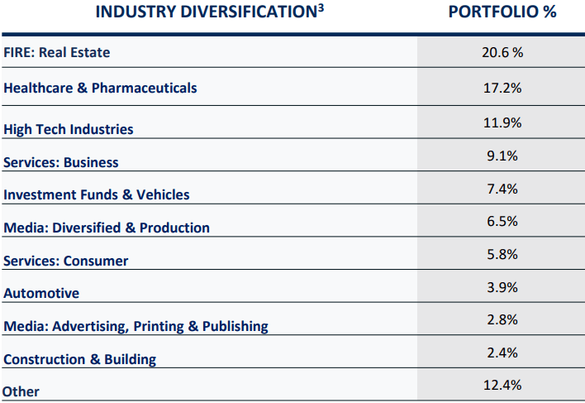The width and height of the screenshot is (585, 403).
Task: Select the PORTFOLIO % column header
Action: tap(502, 12)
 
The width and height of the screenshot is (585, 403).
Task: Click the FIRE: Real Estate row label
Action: tap(57, 53)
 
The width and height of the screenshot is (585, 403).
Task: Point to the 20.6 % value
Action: tap(502, 52)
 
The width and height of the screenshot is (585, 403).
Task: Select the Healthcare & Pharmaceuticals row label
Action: tap(100, 87)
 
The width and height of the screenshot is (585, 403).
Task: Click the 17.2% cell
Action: tap(502, 87)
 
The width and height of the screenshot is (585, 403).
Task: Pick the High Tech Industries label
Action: tap(69, 129)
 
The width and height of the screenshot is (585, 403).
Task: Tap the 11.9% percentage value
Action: tap(502, 122)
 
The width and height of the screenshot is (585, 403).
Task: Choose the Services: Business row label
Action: tap(61, 162)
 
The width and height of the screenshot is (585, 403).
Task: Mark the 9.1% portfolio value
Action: tap(502, 156)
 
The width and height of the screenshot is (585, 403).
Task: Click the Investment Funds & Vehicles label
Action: tap(97, 195)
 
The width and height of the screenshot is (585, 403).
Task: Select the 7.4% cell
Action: tap(502, 189)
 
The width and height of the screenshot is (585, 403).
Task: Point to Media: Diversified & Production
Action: tap(107, 228)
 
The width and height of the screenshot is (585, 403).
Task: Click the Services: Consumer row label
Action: tap(66, 261)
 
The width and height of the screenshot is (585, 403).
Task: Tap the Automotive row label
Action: tap(41, 294)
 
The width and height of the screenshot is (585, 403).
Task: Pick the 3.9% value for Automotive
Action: tap(502, 287)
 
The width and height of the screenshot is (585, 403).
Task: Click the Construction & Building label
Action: tap(80, 359)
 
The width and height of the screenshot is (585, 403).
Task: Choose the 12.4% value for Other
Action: tap(502, 385)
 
